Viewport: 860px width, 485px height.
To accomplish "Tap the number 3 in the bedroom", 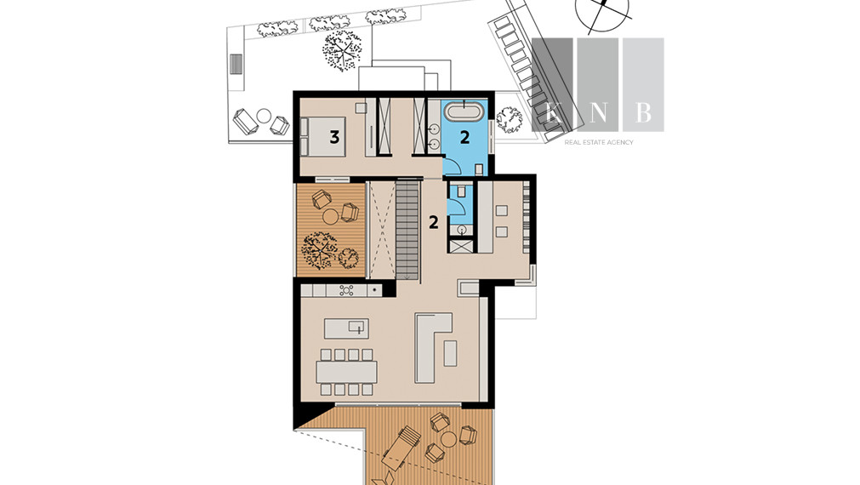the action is click(x=334, y=137).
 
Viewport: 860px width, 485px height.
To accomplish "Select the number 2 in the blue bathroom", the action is click(x=464, y=137).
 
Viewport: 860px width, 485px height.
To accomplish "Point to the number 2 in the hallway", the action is click(x=433, y=223).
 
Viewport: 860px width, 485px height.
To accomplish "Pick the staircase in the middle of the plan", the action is click(x=407, y=231).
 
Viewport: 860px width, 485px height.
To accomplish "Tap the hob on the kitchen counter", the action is click(x=346, y=290).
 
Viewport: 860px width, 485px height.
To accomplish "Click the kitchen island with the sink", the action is click(x=346, y=328).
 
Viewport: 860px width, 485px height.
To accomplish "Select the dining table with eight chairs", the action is click(x=346, y=372).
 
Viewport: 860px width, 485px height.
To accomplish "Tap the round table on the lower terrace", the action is click(x=448, y=438).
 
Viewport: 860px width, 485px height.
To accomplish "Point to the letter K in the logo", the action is click(x=554, y=113).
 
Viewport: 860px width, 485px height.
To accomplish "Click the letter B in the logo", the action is click(x=643, y=112).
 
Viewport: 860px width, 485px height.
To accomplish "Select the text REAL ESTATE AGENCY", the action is click(x=599, y=142).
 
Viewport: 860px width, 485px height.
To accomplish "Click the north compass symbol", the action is click(x=602, y=12).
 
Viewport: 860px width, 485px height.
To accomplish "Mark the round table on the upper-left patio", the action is click(x=264, y=116).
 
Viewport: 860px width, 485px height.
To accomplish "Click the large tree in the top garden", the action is click(x=342, y=50).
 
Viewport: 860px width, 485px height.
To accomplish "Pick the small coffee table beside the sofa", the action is click(x=450, y=353).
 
